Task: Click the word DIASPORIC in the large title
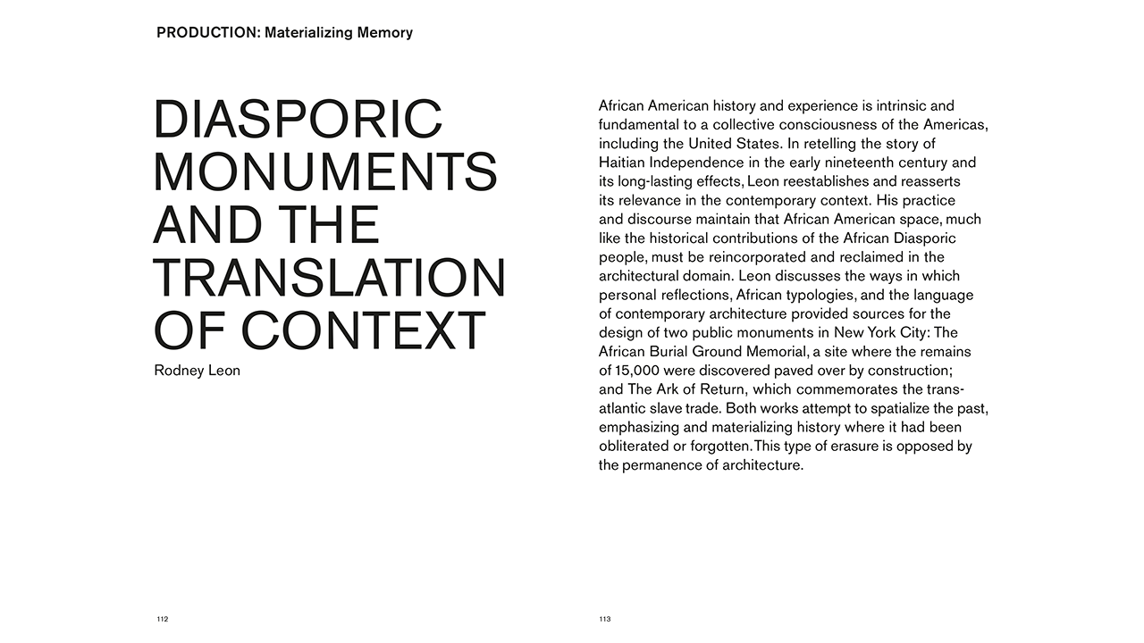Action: click(x=298, y=119)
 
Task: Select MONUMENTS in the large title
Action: click(x=325, y=171)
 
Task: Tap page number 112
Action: click(x=162, y=619)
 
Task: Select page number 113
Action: click(x=605, y=619)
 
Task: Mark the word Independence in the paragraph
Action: click(x=698, y=163)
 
